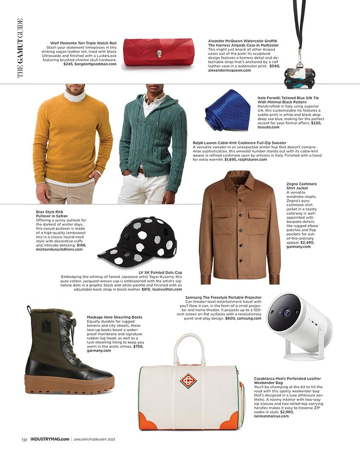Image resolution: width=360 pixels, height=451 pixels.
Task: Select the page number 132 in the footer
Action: pos(25,439)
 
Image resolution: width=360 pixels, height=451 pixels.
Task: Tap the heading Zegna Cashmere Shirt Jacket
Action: pos(299,186)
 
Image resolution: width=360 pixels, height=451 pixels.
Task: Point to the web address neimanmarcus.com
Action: pos(271,416)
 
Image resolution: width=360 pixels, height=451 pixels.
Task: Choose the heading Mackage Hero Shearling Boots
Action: pos(114,317)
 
